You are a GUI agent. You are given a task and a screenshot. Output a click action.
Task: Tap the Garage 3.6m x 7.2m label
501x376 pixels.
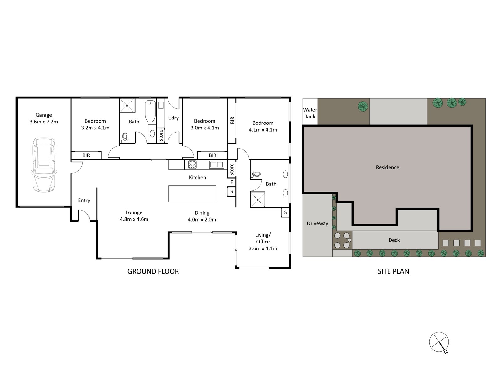tap(44, 118)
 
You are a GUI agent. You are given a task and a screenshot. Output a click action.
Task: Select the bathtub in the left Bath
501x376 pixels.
tap(150, 111)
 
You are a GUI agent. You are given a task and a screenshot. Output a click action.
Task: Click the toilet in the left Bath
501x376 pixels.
tap(125, 137)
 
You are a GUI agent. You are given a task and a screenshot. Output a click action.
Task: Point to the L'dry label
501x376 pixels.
tap(173, 118)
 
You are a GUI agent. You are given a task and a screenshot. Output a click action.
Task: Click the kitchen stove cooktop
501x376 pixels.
tap(192, 164)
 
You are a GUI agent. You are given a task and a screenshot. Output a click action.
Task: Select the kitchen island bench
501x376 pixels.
tap(192, 194)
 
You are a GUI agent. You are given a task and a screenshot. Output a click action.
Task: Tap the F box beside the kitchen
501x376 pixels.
tap(232, 182)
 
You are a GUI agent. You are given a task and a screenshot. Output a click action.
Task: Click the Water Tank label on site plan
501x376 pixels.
tap(310, 113)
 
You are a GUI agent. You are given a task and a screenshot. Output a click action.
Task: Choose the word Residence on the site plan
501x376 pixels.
tap(387, 167)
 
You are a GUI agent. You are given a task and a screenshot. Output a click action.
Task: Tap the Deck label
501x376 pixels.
tap(394, 240)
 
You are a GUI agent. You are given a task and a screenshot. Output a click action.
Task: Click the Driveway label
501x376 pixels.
tap(317, 223)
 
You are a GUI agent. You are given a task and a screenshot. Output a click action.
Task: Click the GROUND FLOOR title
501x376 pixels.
tap(153, 271)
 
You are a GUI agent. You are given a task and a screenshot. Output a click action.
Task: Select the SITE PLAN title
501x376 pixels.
tap(393, 271)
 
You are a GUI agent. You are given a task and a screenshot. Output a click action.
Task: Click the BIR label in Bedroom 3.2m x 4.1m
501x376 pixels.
tap(86, 155)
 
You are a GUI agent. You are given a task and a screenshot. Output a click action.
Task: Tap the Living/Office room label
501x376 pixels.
tap(263, 242)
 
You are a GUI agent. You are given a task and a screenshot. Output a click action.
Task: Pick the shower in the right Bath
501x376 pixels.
tap(258, 200)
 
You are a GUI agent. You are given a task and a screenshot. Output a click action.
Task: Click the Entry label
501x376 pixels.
tap(84, 200)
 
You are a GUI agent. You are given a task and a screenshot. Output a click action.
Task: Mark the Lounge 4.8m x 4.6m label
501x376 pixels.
tap(134, 216)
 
